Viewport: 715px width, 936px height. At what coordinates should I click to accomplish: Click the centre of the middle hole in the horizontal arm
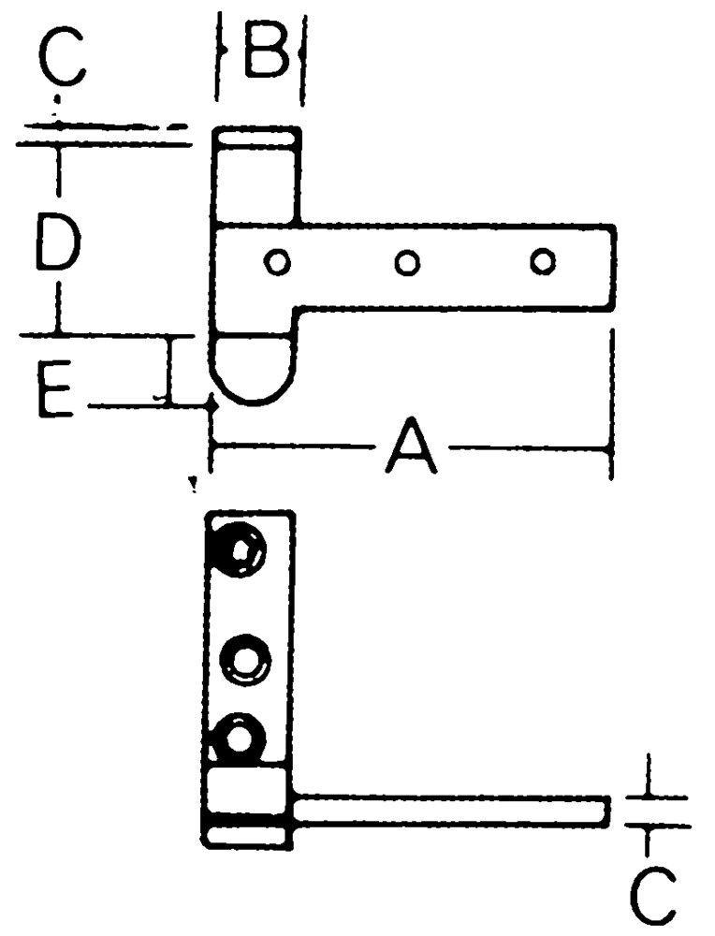click(x=408, y=262)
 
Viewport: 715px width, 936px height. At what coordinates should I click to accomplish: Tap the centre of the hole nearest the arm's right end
click(x=543, y=261)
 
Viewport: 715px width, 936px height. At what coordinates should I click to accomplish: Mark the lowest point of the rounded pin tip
click(x=255, y=404)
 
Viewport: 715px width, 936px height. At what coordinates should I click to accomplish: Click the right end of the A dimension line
click(x=610, y=446)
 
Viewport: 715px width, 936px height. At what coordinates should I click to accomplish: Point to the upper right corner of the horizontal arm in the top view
click(x=614, y=227)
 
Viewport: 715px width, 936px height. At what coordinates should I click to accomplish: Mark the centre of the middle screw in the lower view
click(x=244, y=660)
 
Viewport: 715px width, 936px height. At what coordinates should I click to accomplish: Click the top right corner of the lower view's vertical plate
click(x=293, y=512)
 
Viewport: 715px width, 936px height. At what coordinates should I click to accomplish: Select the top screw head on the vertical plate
click(x=238, y=548)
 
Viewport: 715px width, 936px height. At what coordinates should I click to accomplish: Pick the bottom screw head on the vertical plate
click(x=239, y=739)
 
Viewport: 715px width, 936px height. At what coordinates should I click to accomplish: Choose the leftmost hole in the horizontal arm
click(x=277, y=262)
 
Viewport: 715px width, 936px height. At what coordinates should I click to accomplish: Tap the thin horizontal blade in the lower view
click(x=452, y=812)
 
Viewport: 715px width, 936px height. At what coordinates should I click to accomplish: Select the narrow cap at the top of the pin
click(x=256, y=136)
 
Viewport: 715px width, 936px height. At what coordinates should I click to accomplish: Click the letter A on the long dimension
click(x=411, y=446)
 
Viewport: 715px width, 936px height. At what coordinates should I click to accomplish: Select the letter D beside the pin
click(x=57, y=241)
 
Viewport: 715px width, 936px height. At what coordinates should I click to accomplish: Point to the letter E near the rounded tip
click(x=54, y=389)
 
